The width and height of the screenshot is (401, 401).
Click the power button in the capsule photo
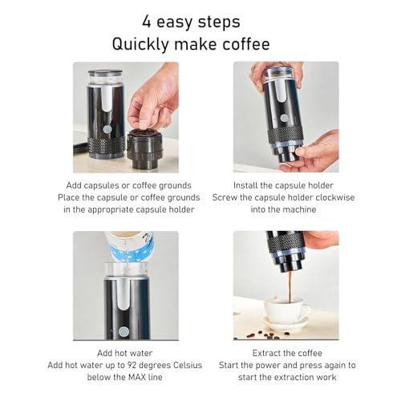106,129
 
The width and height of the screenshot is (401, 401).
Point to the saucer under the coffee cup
286,324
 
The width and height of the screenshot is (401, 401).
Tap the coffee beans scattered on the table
259,331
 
